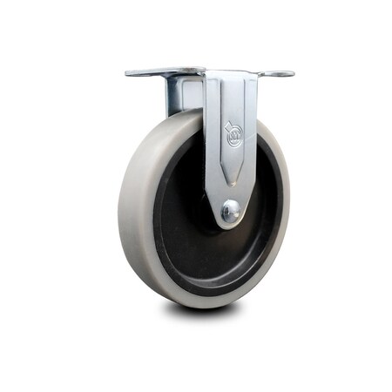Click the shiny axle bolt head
click(231, 210)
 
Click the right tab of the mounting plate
click(280, 74)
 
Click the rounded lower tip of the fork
click(231, 223)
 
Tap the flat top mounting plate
click(209, 71)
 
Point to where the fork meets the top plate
click(231, 77)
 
